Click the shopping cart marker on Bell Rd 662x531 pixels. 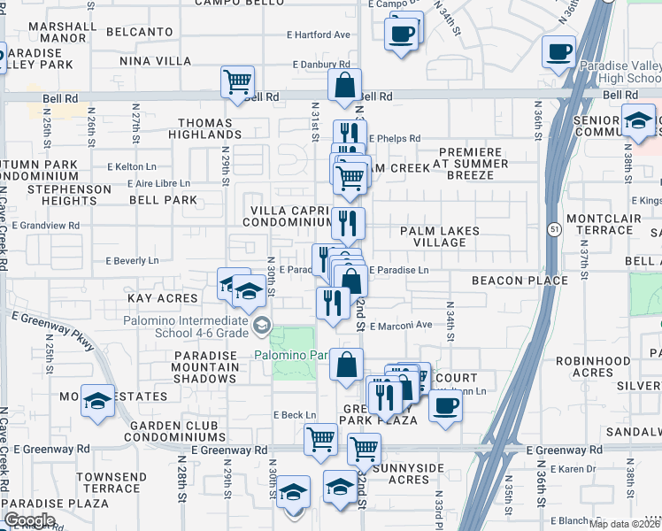pyautogui.click(x=238, y=82)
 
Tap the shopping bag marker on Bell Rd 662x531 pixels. pyautogui.click(x=344, y=87)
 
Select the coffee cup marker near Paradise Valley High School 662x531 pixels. pyautogui.click(x=558, y=51)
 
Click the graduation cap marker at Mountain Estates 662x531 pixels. pyautogui.click(x=96, y=401)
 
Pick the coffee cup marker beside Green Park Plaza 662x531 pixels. pyautogui.click(x=445, y=405)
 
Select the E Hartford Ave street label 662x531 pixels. pyautogui.click(x=318, y=35)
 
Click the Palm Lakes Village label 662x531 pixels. pyautogui.click(x=439, y=236)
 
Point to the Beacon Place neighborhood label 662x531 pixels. pyautogui.click(x=520, y=281)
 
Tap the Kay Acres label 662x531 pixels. pyautogui.click(x=161, y=298)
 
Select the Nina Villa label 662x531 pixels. pyautogui.click(x=155, y=61)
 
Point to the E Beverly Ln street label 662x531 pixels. pyautogui.click(x=132, y=261)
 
